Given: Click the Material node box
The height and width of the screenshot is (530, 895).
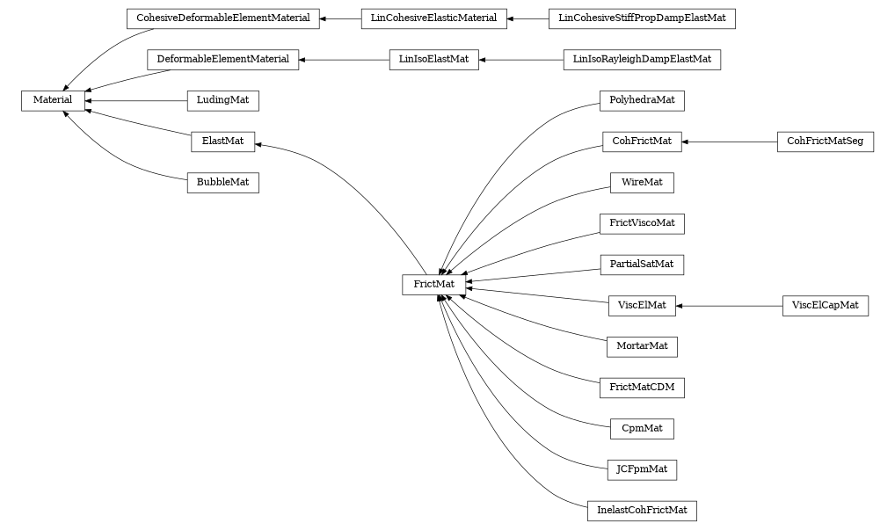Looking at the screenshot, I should pyautogui.click(x=53, y=101).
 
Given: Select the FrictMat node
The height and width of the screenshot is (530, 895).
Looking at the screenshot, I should pyautogui.click(x=433, y=285).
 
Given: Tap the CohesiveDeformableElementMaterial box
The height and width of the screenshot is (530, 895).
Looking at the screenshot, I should pyautogui.click(x=222, y=18).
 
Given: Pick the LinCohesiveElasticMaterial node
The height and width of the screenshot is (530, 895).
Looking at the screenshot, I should pyautogui.click(x=433, y=18).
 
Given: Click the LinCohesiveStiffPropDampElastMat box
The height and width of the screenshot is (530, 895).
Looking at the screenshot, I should pyautogui.click(x=641, y=18).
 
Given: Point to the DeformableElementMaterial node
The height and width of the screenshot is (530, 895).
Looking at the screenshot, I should pyautogui.click(x=222, y=60).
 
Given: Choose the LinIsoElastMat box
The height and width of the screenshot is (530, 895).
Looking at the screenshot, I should pyautogui.click(x=433, y=60).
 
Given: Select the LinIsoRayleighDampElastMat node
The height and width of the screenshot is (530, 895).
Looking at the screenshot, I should pyautogui.click(x=641, y=60).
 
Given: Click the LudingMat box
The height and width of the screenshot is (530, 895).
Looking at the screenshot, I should pyautogui.click(x=222, y=101).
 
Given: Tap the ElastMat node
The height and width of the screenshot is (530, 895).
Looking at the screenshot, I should pyautogui.click(x=222, y=142).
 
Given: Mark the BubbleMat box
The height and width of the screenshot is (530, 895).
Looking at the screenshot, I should pyautogui.click(x=222, y=183).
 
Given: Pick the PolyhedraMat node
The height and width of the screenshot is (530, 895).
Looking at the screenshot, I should pyautogui.click(x=641, y=101).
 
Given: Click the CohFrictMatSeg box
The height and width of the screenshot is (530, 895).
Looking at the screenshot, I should pyautogui.click(x=825, y=142).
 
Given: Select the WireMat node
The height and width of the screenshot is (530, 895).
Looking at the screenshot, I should pyautogui.click(x=641, y=183).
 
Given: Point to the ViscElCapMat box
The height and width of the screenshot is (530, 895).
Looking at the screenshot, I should pyautogui.click(x=825, y=306).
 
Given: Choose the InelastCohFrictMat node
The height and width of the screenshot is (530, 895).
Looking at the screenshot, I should pyautogui.click(x=641, y=511).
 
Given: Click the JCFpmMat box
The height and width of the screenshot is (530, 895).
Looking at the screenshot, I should pyautogui.click(x=641, y=469).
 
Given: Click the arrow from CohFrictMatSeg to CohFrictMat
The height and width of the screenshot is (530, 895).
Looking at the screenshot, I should pyautogui.click(x=730, y=142).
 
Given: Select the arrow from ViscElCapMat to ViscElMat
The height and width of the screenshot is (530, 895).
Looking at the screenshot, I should pyautogui.click(x=730, y=306).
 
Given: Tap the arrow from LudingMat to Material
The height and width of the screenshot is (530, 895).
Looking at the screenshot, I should pyautogui.click(x=136, y=101).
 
